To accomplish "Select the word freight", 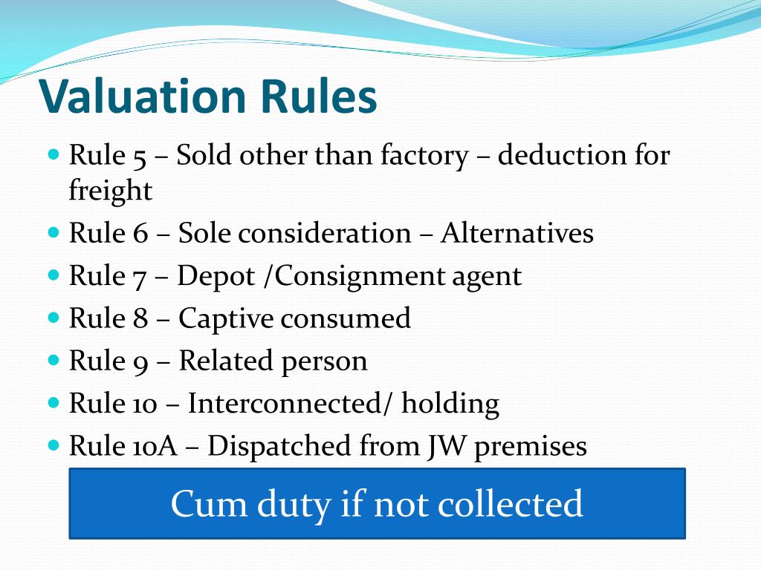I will (110, 191).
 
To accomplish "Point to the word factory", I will (424, 156).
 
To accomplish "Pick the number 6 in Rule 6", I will (140, 234).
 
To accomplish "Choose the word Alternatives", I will (516, 234).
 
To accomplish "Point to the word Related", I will (227, 361).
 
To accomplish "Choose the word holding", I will (450, 404).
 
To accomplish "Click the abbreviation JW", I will (446, 446).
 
